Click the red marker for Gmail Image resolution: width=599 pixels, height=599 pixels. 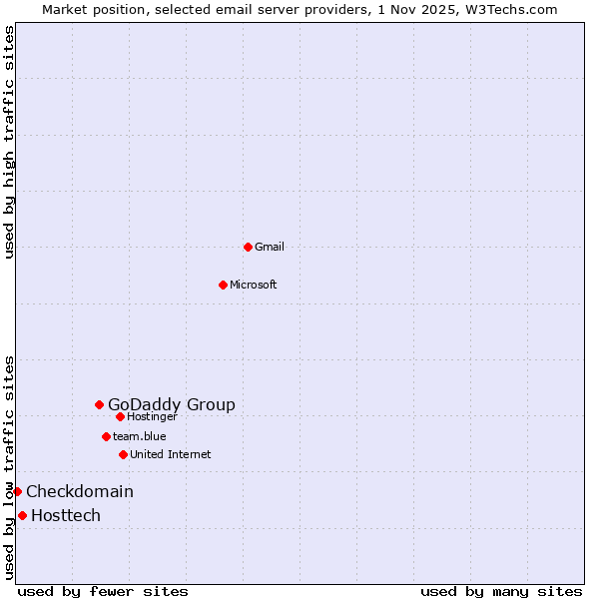tap(248, 247)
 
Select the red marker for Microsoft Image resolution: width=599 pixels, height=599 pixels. tap(223, 285)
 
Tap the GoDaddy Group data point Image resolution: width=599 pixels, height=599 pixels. tap(99, 404)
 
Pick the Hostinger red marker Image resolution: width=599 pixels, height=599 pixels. tap(120, 416)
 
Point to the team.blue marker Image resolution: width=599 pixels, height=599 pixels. tap(106, 436)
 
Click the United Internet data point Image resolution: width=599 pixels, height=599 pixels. tap(123, 454)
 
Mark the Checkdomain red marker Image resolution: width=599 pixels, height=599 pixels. tap(17, 491)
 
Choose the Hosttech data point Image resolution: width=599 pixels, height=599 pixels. tap(22, 515)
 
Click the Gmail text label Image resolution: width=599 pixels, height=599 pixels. tap(270, 247)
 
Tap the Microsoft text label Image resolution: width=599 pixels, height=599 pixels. tap(254, 285)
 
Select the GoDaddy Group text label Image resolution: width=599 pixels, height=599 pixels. tap(172, 404)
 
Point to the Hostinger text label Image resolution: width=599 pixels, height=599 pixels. tap(152, 416)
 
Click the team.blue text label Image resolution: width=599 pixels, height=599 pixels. tap(140, 436)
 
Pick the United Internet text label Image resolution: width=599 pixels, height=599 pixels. tap(171, 454)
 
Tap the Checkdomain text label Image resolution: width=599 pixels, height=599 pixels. tap(80, 491)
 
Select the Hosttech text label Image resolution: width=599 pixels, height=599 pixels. tap(66, 515)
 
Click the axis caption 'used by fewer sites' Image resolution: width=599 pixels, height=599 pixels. tap(103, 591)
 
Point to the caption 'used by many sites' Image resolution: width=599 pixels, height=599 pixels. tap(501, 591)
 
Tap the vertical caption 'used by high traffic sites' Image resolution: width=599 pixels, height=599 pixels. tap(9, 142)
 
